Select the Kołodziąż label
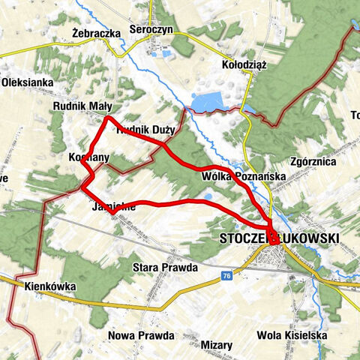click(x=245, y=65)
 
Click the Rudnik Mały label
click(x=82, y=106)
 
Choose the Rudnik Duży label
click(x=147, y=130)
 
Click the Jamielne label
click(x=113, y=207)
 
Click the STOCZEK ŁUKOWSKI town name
click(x=279, y=238)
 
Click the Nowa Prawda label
click(x=141, y=335)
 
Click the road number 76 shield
click(x=225, y=276)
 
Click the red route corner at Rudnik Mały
click(x=109, y=118)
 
